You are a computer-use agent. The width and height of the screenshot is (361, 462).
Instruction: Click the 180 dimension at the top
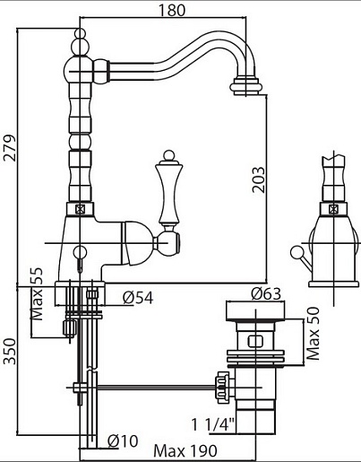tap(171, 10)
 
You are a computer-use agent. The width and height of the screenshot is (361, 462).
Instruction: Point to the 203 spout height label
tap(258, 179)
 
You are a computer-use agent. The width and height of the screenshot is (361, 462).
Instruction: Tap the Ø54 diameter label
tap(138, 298)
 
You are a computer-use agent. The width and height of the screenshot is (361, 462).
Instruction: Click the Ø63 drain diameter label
tap(266, 293)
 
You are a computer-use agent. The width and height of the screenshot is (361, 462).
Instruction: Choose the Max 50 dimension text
tap(313, 334)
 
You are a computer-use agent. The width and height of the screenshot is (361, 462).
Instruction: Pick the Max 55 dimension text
tap(38, 294)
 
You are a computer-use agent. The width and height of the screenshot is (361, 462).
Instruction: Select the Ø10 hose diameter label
tap(123, 440)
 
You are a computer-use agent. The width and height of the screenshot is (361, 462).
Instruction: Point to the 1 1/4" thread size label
tap(213, 424)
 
